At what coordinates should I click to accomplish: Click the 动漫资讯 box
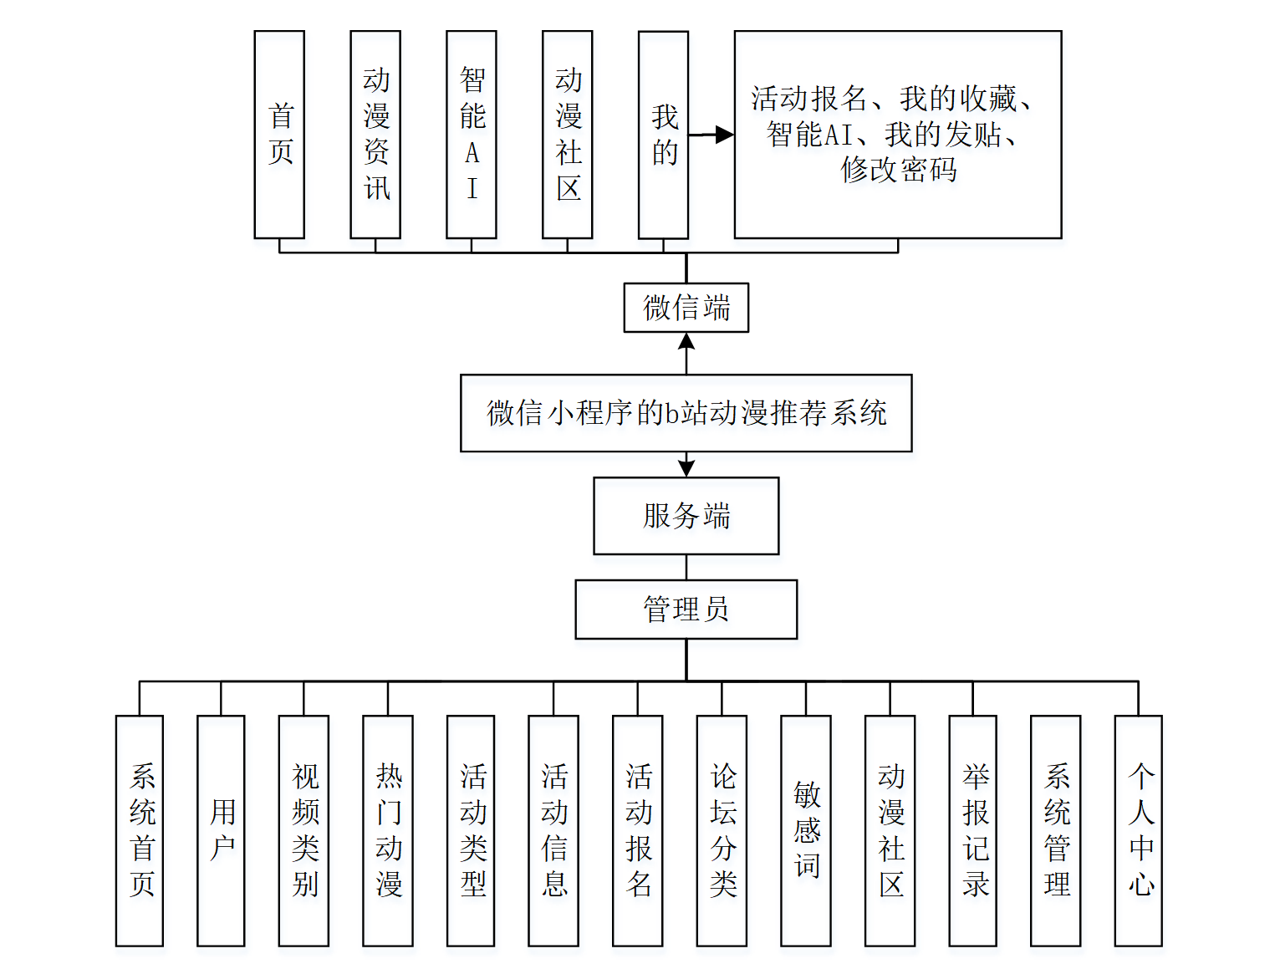[x=375, y=135]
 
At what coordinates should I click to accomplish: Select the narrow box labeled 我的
[x=663, y=135]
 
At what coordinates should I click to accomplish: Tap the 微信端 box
[x=686, y=308]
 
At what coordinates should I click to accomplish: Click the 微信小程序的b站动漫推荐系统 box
[x=686, y=413]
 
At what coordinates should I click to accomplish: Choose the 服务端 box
[x=686, y=516]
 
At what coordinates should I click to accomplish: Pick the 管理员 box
[x=686, y=609]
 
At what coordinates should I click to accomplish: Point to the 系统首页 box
[x=140, y=830]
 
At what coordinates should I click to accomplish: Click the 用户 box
[x=221, y=830]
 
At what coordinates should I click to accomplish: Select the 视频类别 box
[x=303, y=830]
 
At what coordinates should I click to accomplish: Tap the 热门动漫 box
[x=388, y=830]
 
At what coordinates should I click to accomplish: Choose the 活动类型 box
[x=471, y=830]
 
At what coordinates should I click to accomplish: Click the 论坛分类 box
[x=722, y=830]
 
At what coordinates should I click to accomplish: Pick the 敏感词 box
[x=806, y=830]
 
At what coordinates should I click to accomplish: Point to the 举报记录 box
[x=973, y=830]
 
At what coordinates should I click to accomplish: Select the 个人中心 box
[x=1139, y=830]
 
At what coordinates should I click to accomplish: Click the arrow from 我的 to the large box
[x=711, y=135]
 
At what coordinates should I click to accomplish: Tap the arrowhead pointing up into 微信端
[x=686, y=341]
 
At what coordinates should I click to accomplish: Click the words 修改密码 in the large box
[x=898, y=170]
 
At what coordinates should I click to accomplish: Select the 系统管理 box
[x=1056, y=830]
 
